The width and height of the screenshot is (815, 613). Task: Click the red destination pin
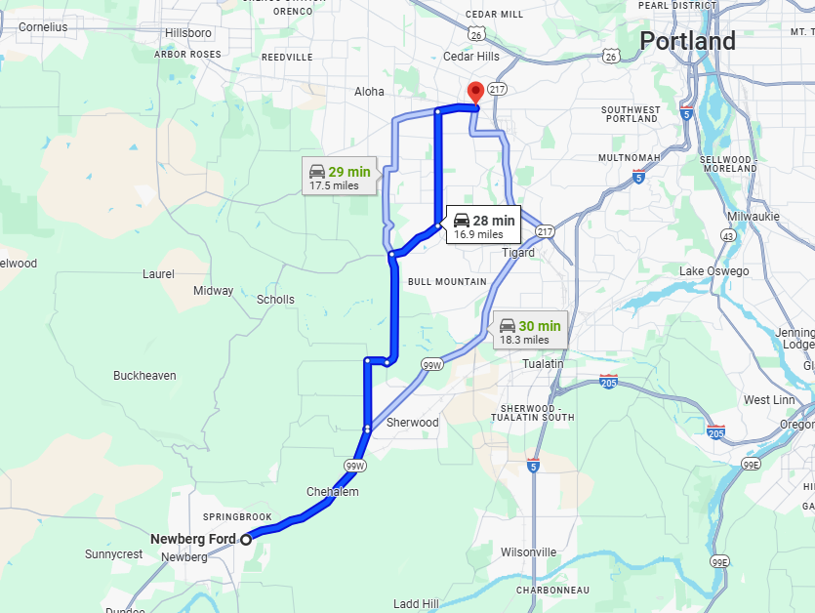[x=475, y=92]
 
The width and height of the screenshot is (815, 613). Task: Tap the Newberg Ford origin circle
[x=246, y=539]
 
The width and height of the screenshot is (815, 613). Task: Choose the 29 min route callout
[x=339, y=177]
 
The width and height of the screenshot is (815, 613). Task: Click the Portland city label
[x=687, y=42]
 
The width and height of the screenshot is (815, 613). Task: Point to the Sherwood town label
[x=413, y=423]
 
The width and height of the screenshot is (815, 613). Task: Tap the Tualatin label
[x=543, y=364]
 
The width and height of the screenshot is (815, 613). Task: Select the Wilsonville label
[x=528, y=552]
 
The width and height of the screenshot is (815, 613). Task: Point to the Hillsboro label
[x=188, y=32]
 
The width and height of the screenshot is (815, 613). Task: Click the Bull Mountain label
[x=447, y=282]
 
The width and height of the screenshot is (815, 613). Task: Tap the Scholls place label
[x=275, y=300]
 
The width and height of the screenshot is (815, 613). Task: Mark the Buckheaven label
[x=144, y=376]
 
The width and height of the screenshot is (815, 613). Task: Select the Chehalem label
[x=333, y=492]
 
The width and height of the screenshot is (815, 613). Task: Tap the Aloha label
[x=369, y=92]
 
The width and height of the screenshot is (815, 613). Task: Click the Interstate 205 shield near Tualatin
[x=608, y=382]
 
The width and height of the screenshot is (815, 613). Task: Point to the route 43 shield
[x=728, y=236]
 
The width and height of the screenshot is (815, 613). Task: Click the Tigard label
[x=518, y=253]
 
